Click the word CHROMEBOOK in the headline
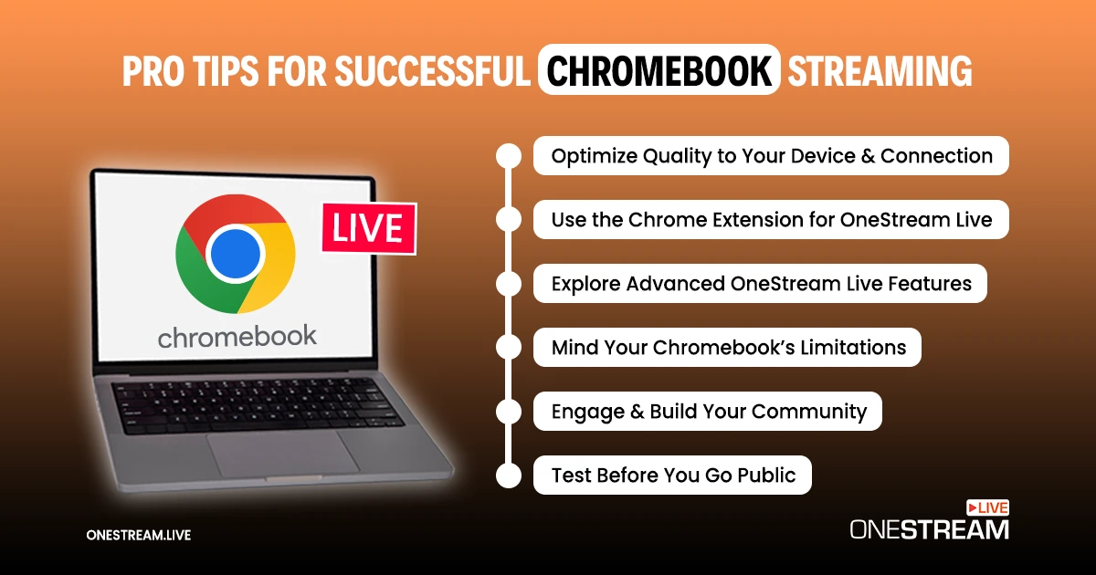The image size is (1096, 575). tap(659, 70)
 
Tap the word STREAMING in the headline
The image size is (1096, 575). tap(880, 70)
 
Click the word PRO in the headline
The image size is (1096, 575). tap(153, 70)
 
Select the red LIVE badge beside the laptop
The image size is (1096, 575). tap(369, 228)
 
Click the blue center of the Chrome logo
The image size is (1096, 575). tap(235, 254)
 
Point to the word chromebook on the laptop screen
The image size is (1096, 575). tap(237, 337)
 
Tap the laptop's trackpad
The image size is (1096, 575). tap(283, 454)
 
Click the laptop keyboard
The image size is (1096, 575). tap(258, 406)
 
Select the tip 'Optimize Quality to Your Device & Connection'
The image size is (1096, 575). tap(771, 156)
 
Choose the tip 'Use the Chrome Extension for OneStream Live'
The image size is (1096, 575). tap(771, 220)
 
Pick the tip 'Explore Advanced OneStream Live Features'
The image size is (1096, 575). tap(760, 284)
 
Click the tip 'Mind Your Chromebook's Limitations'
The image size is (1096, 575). tap(728, 347)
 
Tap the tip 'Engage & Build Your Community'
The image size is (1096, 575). tap(708, 412)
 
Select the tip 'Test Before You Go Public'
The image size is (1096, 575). tap(673, 475)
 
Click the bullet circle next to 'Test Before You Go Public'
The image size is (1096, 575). tap(509, 476)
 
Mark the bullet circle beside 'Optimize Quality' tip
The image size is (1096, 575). tap(509, 156)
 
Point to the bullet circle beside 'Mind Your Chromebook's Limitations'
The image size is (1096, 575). tap(509, 347)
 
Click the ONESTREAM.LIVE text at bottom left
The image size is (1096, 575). tap(139, 535)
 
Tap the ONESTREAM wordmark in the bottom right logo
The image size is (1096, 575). tap(929, 529)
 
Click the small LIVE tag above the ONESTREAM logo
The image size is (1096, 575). tap(987, 508)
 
